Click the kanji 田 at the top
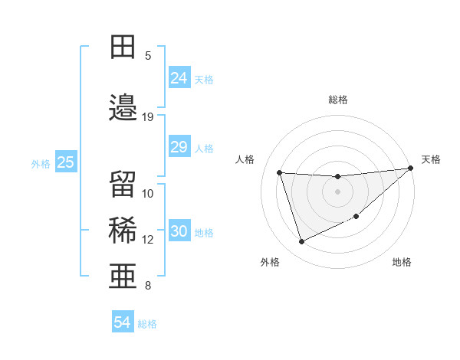tap(123, 47)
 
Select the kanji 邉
tap(123, 108)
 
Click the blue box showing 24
tap(179, 78)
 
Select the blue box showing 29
tap(179, 147)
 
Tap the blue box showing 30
tap(179, 231)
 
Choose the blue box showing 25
tap(65, 162)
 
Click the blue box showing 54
tap(123, 323)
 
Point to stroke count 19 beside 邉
tap(148, 117)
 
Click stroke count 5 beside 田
tap(148, 55)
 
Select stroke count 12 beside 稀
tap(148, 240)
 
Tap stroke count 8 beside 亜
tap(148, 286)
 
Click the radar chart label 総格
tap(338, 100)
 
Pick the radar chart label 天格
tap(431, 159)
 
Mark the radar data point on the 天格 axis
tap(410, 169)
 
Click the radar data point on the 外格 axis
tap(301, 242)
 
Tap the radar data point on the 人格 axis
tap(280, 173)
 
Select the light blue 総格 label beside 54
tap(147, 324)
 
